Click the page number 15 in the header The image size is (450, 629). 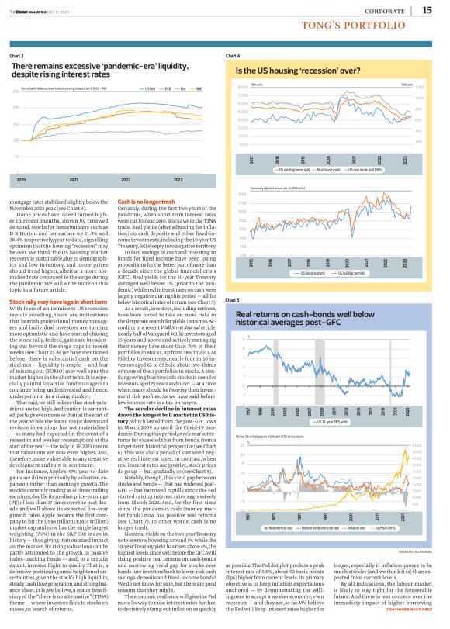click(427, 10)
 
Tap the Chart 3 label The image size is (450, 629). click(16, 57)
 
